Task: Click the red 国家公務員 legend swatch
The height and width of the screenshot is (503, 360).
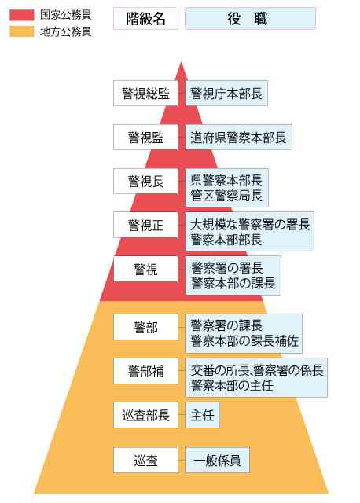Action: (21, 15)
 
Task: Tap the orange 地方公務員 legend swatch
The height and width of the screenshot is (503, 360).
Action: (21, 31)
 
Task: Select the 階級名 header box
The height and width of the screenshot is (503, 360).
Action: (145, 19)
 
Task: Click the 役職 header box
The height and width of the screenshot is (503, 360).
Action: (250, 19)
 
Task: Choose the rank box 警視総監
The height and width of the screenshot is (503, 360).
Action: (145, 94)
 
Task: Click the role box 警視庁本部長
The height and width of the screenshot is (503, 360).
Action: (226, 94)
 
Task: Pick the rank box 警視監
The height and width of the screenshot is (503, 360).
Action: (145, 138)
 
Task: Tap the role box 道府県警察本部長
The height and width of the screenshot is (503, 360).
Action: (239, 138)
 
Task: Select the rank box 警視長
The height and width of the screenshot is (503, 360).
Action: (145, 182)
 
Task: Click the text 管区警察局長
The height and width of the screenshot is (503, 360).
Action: (226, 196)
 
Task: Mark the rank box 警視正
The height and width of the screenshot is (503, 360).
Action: (145, 225)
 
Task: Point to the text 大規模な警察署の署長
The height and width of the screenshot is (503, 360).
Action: (250, 225)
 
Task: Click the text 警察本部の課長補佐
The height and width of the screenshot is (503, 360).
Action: (244, 341)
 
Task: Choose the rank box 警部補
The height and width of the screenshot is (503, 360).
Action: (145, 371)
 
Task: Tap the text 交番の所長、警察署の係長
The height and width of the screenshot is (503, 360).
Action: (257, 370)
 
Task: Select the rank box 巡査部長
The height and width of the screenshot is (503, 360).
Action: (145, 415)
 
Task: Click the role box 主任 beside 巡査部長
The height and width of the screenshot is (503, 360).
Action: (203, 415)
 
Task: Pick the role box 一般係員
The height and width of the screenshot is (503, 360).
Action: (217, 461)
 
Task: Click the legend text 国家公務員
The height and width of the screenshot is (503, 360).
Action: (66, 15)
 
